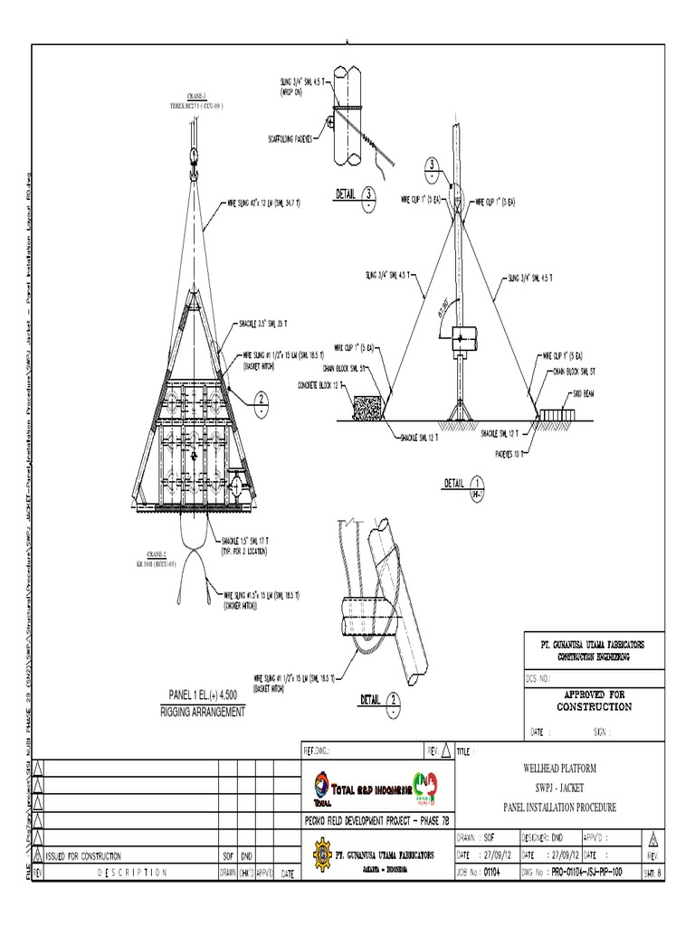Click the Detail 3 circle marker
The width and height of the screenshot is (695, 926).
point(369,195)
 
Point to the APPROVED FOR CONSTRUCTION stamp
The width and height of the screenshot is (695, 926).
point(593,700)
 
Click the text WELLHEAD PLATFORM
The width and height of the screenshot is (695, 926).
point(558,767)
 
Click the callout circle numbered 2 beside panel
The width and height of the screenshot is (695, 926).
point(262,399)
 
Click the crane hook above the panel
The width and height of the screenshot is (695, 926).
point(194,155)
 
